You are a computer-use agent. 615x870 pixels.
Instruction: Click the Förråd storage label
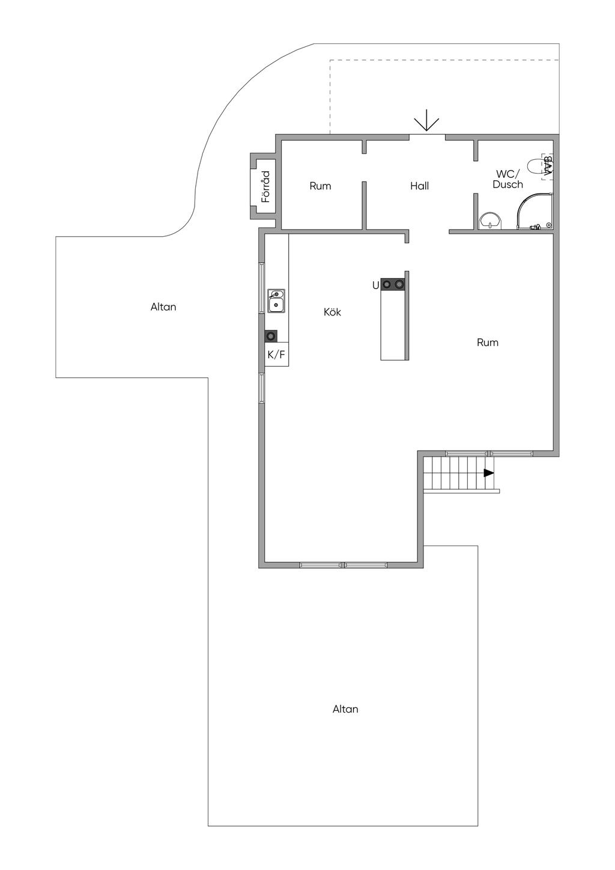pos(265,187)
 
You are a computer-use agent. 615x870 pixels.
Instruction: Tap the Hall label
pos(419,186)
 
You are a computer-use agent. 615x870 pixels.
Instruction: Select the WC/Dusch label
pos(507,179)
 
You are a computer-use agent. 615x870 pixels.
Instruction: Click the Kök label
pos(332,312)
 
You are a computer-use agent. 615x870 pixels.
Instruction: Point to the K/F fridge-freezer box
pos(277,354)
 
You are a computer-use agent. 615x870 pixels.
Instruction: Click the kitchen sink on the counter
pos(276,301)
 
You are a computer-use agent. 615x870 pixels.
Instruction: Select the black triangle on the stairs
pos(489,473)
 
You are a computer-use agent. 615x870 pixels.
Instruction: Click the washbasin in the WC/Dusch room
pos(491,221)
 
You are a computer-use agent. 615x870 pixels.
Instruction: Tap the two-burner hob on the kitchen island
pos(393,284)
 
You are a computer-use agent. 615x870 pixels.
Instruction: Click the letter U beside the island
pos(375,285)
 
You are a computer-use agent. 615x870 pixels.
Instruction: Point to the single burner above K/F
pos(271,336)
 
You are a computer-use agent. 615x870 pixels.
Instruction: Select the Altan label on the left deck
pos(163,307)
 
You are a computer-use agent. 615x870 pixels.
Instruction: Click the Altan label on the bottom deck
pos(345,709)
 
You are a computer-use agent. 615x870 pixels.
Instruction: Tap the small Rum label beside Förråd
pos(320,186)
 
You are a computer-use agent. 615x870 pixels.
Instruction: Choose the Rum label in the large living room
pos(487,342)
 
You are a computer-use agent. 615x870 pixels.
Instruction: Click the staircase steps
pos(458,473)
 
